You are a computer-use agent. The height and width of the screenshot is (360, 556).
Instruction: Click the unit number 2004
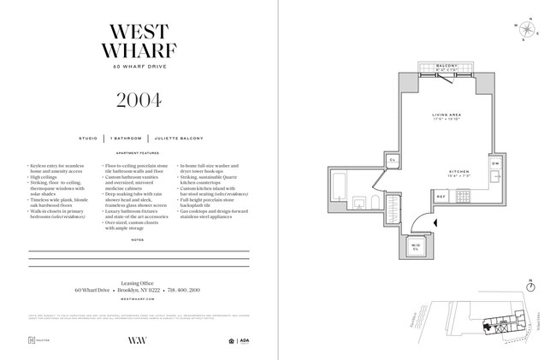[139, 100]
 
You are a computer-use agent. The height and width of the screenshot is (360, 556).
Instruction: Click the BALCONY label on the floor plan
[447, 65]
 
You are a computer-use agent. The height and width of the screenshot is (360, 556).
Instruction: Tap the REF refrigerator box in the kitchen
[442, 196]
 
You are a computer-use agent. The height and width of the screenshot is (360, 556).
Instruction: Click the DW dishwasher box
[495, 163]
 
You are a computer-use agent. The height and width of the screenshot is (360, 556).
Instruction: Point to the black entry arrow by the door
[436, 222]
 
